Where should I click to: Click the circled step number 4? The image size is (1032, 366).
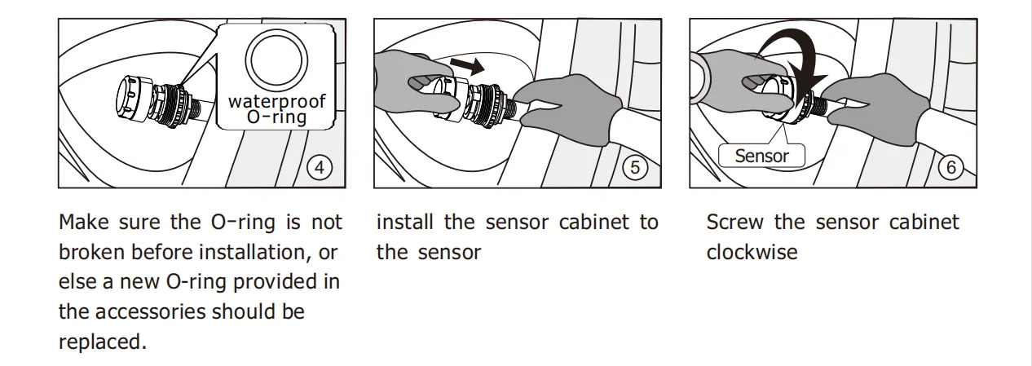coord(320,168)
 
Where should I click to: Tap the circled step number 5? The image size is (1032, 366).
coord(635,168)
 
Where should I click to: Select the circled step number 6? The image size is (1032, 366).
coord(950,168)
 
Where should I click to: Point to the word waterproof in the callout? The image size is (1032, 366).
coord(276,101)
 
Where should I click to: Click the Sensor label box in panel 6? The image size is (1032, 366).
coord(761,156)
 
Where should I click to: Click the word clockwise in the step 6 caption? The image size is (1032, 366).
coord(752,253)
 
